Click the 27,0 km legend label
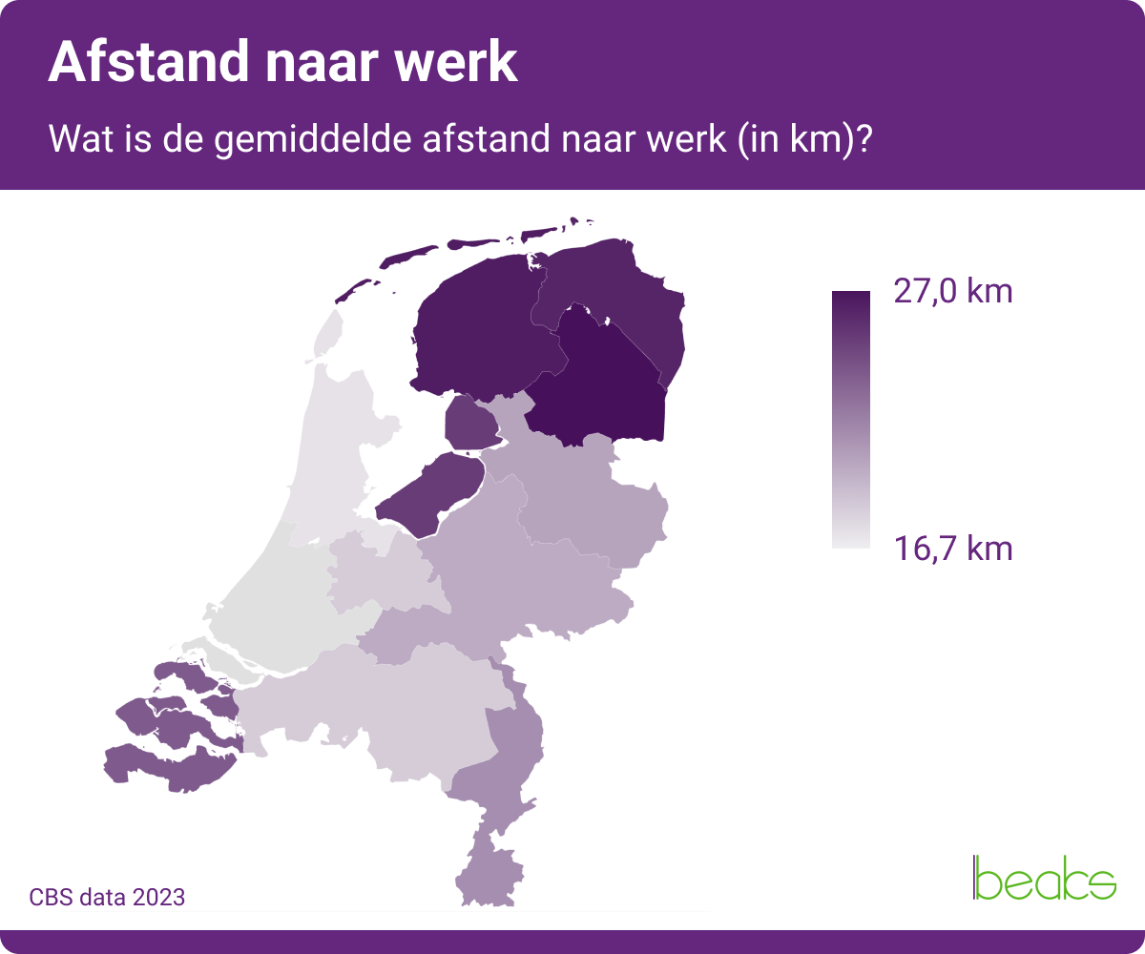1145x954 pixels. click(951, 291)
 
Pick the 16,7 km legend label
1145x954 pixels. click(951, 549)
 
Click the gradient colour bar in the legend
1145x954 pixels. click(850, 420)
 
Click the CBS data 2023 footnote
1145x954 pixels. click(107, 898)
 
